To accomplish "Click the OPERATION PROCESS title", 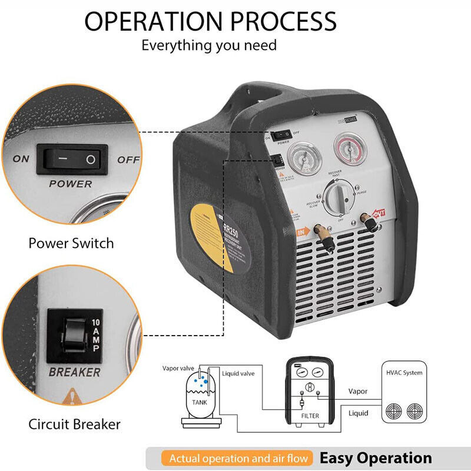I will click(210, 21).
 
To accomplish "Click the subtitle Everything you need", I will click(209, 45).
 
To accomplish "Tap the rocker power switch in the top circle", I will click(72, 160).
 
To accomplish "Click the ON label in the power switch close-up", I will click(21, 159).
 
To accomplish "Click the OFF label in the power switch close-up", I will click(128, 160).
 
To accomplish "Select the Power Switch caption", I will click(71, 243).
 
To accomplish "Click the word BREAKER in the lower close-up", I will click(74, 372).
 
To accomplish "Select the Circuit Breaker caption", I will click(75, 424).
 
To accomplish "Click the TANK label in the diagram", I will click(200, 402).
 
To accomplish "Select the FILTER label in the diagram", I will click(310, 416).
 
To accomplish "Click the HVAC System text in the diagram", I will click(403, 373).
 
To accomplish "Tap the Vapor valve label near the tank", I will click(178, 368).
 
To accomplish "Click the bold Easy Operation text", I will click(375, 458).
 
